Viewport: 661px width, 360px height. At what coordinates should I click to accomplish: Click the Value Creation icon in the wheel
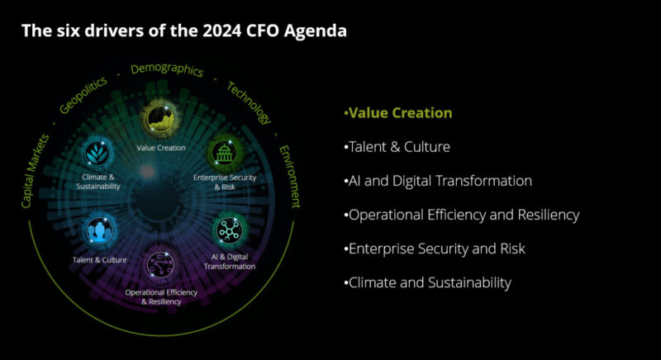pos(160,121)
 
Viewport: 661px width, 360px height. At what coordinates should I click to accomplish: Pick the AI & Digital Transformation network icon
pos(226,230)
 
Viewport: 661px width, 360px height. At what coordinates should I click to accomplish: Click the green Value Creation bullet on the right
pos(398,113)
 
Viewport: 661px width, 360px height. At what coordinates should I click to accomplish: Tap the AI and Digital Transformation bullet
pos(437,181)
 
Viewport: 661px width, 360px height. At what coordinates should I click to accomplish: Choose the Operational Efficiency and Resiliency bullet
pos(461,215)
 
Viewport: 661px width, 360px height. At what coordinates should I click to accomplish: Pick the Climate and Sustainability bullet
pos(427,282)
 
